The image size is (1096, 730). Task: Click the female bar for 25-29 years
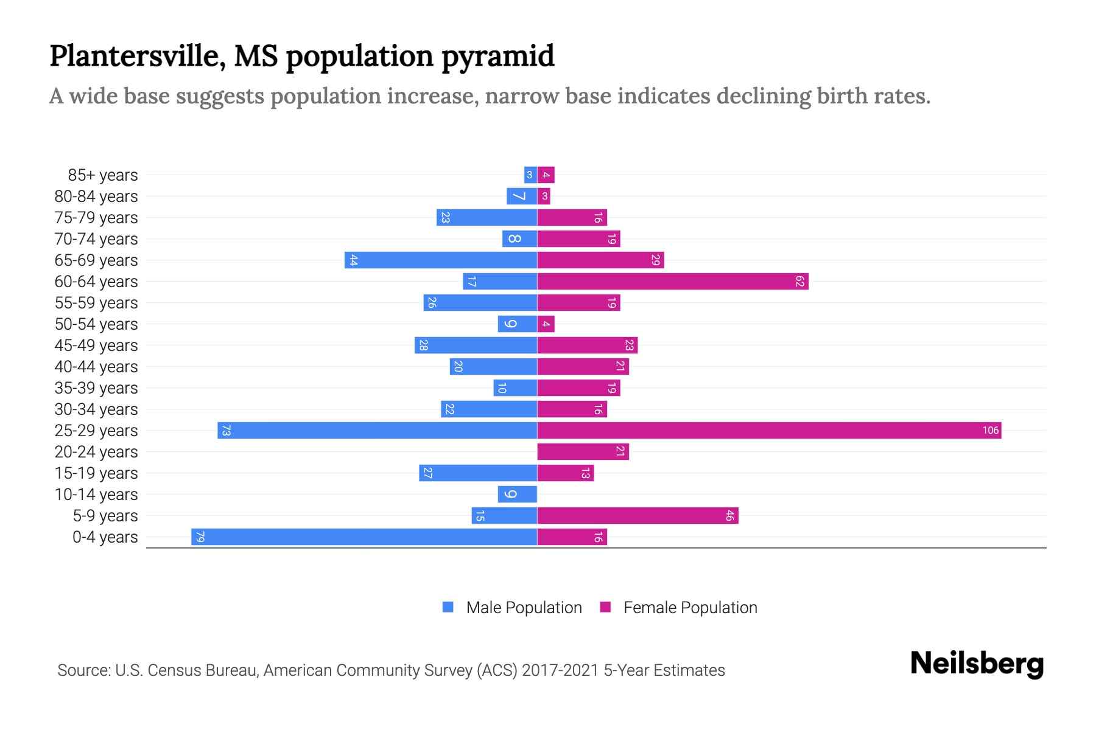(x=768, y=431)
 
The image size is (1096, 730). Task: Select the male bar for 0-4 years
(x=364, y=537)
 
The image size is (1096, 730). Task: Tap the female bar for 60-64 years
(x=672, y=282)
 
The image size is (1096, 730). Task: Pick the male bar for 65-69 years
(x=441, y=260)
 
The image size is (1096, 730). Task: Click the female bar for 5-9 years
(x=638, y=516)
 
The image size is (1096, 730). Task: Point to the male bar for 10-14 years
(x=517, y=495)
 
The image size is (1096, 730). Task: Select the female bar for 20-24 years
(x=583, y=452)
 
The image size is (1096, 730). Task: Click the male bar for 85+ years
(x=530, y=175)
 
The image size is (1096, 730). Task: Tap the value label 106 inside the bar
(x=990, y=431)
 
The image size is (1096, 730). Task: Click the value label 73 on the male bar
(x=226, y=431)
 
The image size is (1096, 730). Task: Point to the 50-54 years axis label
(x=96, y=324)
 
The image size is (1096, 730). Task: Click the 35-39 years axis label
(x=96, y=388)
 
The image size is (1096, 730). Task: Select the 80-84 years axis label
(x=96, y=196)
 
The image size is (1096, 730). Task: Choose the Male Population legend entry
(x=523, y=608)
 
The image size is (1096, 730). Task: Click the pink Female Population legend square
(x=605, y=607)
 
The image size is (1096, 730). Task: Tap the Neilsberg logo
(x=977, y=664)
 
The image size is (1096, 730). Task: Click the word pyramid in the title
(x=497, y=56)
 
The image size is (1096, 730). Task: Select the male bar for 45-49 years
(x=476, y=346)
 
